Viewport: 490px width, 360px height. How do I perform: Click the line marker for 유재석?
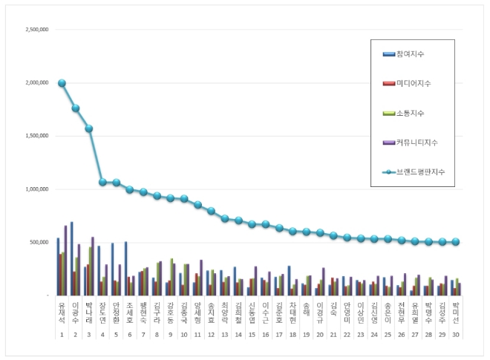tap(62, 83)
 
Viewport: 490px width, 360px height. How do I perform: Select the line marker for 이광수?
tap(76, 108)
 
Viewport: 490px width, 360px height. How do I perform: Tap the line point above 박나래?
tap(89, 128)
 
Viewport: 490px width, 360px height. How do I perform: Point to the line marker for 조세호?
tap(129, 189)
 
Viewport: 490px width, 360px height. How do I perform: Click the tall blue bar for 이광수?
tap(71, 258)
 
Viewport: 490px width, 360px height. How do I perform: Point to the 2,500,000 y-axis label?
tap(37, 30)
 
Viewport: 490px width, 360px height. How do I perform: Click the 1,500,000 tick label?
tap(37, 137)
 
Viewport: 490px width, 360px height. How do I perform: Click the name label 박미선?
tap(456, 311)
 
